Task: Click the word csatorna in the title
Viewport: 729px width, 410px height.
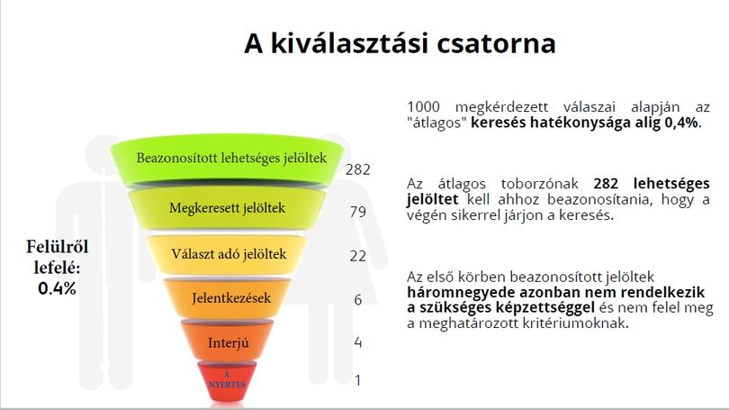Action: pyautogui.click(x=496, y=43)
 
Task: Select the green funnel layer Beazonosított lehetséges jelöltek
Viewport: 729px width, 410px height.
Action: pyautogui.click(x=228, y=159)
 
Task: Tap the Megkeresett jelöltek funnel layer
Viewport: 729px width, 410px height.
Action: pyautogui.click(x=227, y=208)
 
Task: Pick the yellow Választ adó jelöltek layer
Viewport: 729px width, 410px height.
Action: pyautogui.click(x=227, y=254)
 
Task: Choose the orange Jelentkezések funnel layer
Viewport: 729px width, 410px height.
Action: pyautogui.click(x=228, y=298)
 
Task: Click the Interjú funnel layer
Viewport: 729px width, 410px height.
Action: pyautogui.click(x=228, y=342)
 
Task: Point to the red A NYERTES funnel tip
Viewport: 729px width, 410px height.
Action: pyautogui.click(x=228, y=380)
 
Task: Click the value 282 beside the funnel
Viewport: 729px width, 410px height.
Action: pyautogui.click(x=358, y=169)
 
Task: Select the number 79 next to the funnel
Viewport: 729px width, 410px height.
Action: pyautogui.click(x=358, y=212)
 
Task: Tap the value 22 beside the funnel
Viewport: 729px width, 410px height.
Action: pyautogui.click(x=358, y=256)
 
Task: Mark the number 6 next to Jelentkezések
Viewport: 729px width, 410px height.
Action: pyautogui.click(x=357, y=299)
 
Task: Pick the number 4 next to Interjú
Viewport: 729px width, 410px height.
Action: pyautogui.click(x=358, y=342)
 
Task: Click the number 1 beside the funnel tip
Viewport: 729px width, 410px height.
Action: pyautogui.click(x=357, y=380)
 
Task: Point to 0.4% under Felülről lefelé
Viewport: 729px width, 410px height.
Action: pyautogui.click(x=57, y=288)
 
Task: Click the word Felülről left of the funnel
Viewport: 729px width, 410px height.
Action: pyautogui.click(x=58, y=247)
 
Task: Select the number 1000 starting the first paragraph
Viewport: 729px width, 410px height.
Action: pyautogui.click(x=423, y=107)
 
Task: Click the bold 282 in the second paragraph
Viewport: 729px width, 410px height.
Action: pyautogui.click(x=606, y=183)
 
